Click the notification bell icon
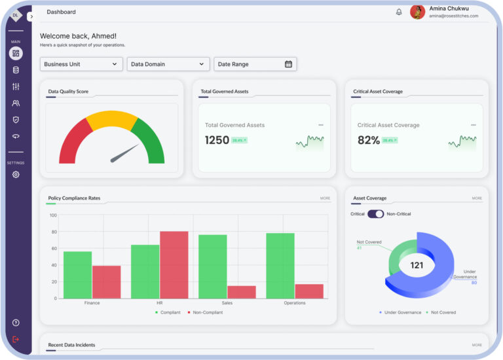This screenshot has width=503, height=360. click(x=399, y=12)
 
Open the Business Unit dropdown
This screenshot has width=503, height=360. click(x=81, y=64)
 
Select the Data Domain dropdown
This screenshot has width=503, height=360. click(x=168, y=64)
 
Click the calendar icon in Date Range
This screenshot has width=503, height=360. click(x=288, y=64)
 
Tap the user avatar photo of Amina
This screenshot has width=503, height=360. click(x=417, y=12)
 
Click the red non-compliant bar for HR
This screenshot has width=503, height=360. click(x=174, y=264)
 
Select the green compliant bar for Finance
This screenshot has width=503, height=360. click(x=77, y=275)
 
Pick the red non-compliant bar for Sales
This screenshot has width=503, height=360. click(x=241, y=291)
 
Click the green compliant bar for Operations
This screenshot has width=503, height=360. click(x=280, y=266)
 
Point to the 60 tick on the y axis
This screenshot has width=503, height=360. click(x=53, y=249)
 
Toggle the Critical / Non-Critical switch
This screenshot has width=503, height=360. click(x=375, y=214)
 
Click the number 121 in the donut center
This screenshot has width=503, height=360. click(x=417, y=265)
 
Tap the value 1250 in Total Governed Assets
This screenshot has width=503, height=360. click(x=217, y=140)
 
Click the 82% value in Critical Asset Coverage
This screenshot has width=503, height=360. click(x=368, y=140)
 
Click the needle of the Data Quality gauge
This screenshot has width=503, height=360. click(x=124, y=154)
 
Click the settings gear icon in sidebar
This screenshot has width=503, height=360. click(x=16, y=174)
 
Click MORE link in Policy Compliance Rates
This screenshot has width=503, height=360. click(x=325, y=198)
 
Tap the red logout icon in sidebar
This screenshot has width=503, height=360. click(x=16, y=339)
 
